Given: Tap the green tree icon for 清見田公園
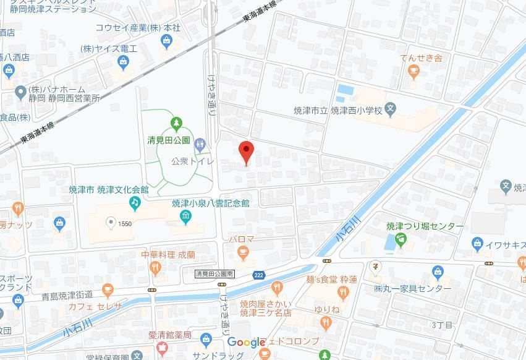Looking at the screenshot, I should click(176, 124).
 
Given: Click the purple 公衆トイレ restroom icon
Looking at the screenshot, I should click(200, 145).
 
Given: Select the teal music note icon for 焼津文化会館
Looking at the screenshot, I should click(134, 202).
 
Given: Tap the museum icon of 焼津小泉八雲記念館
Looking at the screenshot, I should click(185, 216).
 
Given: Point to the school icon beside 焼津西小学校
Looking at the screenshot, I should click(391, 110).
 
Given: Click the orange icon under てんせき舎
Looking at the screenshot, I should click(414, 73).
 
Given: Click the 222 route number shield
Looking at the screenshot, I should click(260, 275).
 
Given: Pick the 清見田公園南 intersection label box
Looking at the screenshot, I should click(214, 273).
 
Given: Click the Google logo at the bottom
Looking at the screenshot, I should click(246, 342).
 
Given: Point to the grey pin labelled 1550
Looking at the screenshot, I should click(111, 223).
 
